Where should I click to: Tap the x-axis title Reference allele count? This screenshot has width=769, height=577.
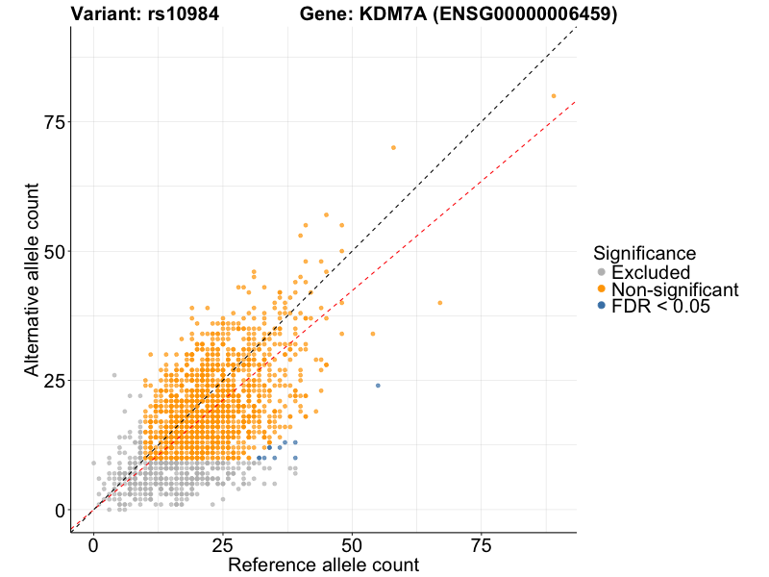coord(323,564)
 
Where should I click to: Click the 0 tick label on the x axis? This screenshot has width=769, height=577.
coord(93,545)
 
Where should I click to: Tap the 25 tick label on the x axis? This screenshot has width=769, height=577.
coord(222,545)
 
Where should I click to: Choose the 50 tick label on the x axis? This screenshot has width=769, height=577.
coord(352,545)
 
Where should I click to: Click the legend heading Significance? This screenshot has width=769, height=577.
coord(644,253)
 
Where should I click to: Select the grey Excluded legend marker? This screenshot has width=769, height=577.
coord(602,273)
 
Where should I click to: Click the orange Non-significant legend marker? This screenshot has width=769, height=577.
coord(602,289)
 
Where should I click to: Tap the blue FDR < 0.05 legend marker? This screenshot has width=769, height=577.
coord(602,306)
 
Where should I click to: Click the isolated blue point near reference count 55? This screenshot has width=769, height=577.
coord(378,386)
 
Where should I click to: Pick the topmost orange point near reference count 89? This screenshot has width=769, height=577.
coord(554,96)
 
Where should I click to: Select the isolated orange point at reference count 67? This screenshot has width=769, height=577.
coord(440,303)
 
